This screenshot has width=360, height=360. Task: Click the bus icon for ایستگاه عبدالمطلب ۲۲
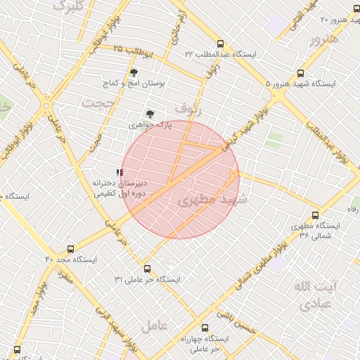(221, 43)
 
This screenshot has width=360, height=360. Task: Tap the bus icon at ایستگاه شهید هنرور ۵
(301, 72)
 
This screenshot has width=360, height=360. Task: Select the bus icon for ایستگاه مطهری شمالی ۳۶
(314, 215)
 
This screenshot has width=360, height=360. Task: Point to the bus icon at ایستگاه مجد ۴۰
(70, 249)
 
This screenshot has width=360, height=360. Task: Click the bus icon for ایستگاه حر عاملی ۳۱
(147, 269)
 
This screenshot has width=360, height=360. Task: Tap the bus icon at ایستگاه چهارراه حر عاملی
(205, 328)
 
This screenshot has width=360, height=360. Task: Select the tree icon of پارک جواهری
(149, 113)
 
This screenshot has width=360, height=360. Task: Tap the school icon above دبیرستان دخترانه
(119, 171)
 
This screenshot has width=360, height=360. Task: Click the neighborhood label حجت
(97, 103)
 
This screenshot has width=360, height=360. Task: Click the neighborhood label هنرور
(324, 39)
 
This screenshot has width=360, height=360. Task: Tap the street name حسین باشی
(237, 320)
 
